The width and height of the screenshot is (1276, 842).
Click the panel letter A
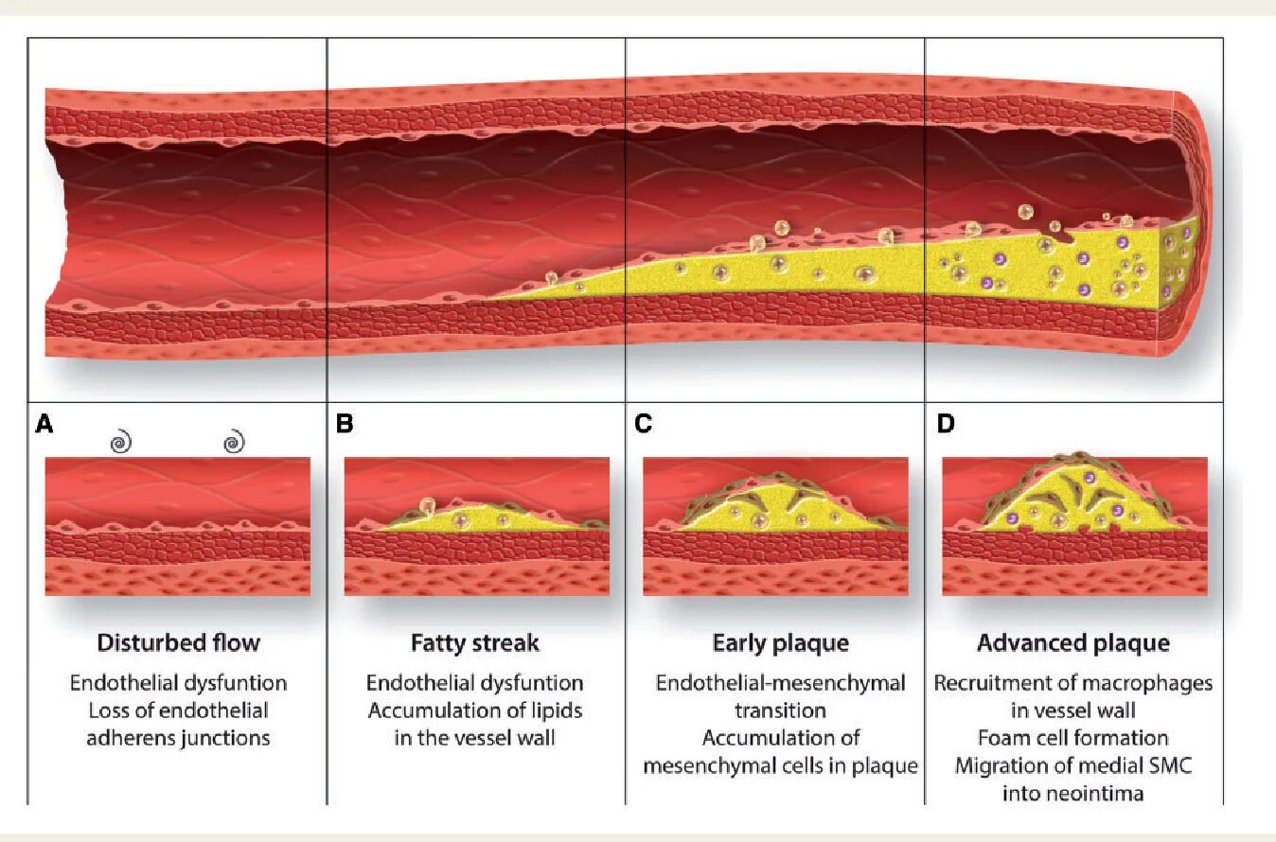click(x=44, y=424)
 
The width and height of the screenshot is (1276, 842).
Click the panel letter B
click(x=344, y=424)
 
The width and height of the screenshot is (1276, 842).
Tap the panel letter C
click(x=644, y=424)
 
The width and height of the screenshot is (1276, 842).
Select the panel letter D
click(x=945, y=424)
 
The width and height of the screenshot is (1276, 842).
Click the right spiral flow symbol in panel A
click(x=234, y=442)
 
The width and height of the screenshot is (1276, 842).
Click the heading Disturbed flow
click(x=178, y=643)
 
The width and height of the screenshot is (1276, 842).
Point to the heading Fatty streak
click(x=475, y=643)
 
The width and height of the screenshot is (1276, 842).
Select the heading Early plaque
click(x=780, y=643)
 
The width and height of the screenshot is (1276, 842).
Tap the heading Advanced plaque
click(x=1072, y=643)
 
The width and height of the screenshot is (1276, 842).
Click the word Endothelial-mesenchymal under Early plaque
click(x=780, y=683)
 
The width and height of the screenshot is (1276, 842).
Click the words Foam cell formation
click(x=1073, y=738)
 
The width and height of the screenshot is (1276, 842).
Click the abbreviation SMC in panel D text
click(x=1172, y=765)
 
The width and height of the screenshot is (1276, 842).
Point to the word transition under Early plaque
click(x=780, y=710)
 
